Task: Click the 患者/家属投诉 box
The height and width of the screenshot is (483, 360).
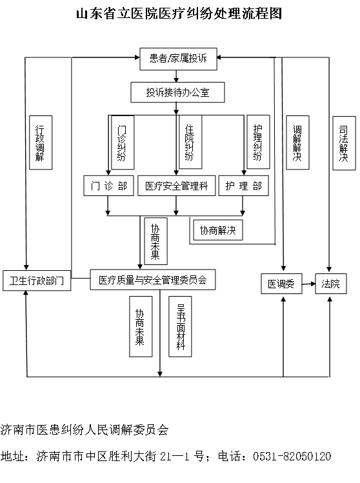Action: [x=178, y=59]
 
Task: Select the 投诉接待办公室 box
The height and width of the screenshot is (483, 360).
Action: [x=177, y=92]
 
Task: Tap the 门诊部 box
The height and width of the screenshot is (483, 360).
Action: [x=108, y=186]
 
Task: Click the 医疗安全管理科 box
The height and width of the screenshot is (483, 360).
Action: [x=176, y=186]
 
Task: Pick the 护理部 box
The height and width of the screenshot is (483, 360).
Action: [x=243, y=186]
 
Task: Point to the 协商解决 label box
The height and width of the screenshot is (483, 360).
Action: [x=218, y=230]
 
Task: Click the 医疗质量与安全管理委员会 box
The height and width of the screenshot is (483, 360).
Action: [x=152, y=280]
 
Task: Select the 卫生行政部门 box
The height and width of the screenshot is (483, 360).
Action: [x=37, y=281]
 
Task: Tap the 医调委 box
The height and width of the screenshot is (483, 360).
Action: [x=281, y=284]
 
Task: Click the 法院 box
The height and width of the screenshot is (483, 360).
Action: [x=331, y=284]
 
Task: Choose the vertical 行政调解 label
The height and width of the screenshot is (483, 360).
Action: [x=41, y=143]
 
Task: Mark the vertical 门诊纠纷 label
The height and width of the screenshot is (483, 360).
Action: [x=123, y=143]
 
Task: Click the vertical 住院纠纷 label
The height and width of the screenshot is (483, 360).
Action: [x=190, y=142]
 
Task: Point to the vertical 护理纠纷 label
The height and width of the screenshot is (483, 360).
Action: [x=258, y=142]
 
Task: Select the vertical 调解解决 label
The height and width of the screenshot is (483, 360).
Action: [x=297, y=143]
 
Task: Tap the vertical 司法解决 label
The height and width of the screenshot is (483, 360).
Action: [x=344, y=143]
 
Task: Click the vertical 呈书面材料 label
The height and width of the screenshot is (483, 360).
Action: [x=180, y=326]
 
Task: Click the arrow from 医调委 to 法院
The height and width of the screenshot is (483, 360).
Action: [x=308, y=284]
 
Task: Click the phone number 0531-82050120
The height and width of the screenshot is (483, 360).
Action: [x=292, y=456]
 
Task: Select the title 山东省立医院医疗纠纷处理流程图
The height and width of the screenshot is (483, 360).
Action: [x=179, y=14]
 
